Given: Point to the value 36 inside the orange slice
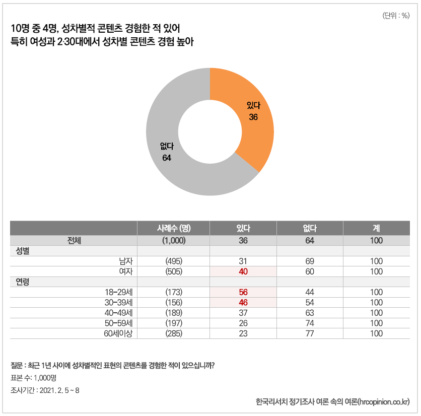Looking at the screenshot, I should pos(253,117).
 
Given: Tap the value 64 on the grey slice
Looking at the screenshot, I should pos(167,158).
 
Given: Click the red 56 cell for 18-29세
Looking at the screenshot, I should pos(243,292).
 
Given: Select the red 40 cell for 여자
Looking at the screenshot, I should pos(243,271).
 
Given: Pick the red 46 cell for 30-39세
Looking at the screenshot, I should pos(243,303).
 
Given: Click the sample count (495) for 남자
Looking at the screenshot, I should pos(174,261).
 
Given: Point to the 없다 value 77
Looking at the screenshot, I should pos(310,333).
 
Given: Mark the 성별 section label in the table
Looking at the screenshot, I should pos(23,251).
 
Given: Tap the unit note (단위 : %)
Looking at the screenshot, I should pos(396,16).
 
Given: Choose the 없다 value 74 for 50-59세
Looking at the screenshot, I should pos(310,323).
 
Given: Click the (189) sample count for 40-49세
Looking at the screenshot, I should pos(174,313).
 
